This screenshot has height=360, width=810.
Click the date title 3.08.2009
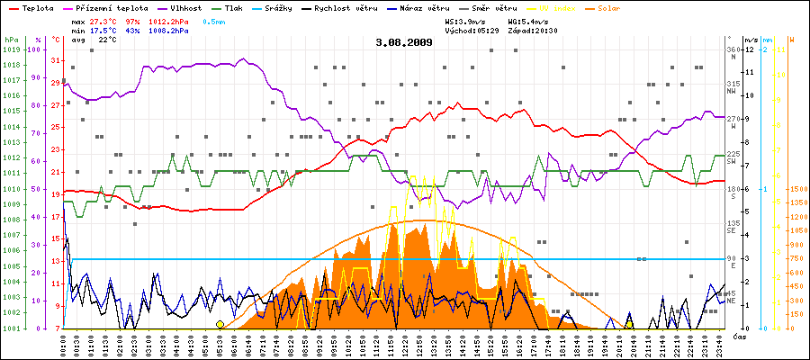pyautogui.click(x=404, y=42)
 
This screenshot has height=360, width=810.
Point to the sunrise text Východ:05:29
pyautogui.click(x=471, y=30)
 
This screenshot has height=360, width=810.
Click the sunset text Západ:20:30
pyautogui.click(x=532, y=30)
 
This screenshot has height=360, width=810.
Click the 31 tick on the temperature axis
pyautogui.click(x=56, y=60)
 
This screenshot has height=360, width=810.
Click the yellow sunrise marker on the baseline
pyautogui.click(x=220, y=324)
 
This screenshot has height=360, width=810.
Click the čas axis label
pyautogui.click(x=740, y=336)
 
